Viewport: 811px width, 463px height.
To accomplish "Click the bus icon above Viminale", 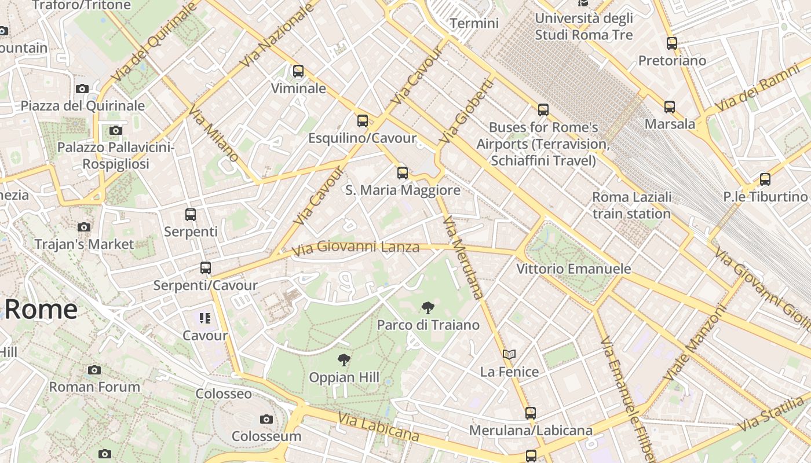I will pos(298,71).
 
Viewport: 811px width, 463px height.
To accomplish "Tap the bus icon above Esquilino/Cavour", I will pos(363,121).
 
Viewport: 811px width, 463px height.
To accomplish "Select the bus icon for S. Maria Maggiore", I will pos(403,172).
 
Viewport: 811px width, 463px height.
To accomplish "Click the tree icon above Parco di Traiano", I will pos(428,308).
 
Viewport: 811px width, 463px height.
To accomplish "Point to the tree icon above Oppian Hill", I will pos(344,360).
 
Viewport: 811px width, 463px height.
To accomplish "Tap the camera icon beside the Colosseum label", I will pos(266,419).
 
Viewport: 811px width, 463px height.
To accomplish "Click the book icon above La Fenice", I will pos(509,354).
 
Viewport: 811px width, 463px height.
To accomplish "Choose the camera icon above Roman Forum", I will pos(94,370).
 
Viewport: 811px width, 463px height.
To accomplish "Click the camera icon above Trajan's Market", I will pos(85,227).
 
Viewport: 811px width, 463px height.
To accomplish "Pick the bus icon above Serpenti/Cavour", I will pos(206,268).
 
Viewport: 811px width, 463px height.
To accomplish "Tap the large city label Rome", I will pos(41,309).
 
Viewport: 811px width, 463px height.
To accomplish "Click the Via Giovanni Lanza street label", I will pos(356,248).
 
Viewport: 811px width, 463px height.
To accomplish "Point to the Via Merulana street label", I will pos(463,257).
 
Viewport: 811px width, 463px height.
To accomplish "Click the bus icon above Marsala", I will pos(670,107).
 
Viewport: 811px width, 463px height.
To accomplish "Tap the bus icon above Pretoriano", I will pos(672,43).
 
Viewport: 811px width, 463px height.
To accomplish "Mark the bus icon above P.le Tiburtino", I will pos(765,179).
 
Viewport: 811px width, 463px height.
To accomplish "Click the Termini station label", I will pos(474,24).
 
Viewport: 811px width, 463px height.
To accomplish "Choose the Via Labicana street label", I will pos(378,427).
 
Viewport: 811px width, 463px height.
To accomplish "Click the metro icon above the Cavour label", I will pos(204,318).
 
